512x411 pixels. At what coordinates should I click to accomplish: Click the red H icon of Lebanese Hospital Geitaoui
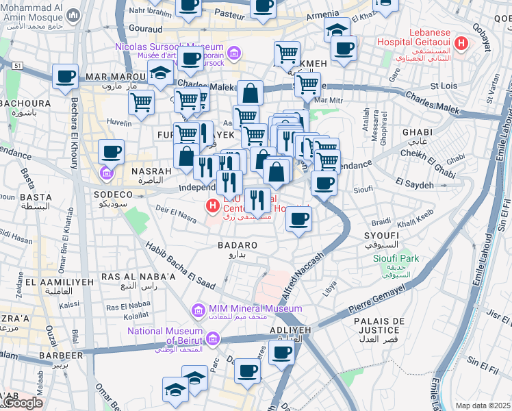(461, 44)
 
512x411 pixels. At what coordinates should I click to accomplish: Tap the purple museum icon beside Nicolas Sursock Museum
(234, 53)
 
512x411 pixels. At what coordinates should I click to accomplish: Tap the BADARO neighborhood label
(237, 245)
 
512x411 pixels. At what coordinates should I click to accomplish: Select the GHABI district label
(416, 132)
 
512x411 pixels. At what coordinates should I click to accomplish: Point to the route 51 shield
(17, 65)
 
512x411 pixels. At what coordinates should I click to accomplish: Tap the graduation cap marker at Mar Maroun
(160, 73)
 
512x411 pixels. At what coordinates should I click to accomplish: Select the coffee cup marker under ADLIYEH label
(281, 352)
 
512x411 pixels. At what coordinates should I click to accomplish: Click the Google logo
(22, 403)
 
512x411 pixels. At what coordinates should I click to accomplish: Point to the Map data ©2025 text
(483, 406)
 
